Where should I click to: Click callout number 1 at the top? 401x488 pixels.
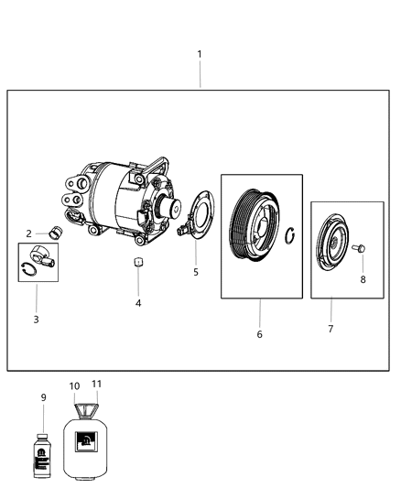(200, 54)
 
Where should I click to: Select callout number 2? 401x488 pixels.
(29, 233)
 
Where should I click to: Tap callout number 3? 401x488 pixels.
(36, 319)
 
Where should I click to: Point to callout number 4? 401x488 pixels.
(138, 302)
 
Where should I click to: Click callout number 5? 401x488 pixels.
(194, 272)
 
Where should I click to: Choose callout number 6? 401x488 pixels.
(259, 334)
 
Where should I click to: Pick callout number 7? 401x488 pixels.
(331, 328)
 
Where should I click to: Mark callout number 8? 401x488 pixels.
(363, 279)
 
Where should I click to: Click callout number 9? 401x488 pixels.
(43, 396)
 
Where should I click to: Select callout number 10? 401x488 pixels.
(74, 386)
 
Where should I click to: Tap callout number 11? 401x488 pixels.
(98, 385)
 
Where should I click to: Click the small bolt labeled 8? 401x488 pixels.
(359, 249)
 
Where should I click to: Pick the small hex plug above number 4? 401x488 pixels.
(137, 263)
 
